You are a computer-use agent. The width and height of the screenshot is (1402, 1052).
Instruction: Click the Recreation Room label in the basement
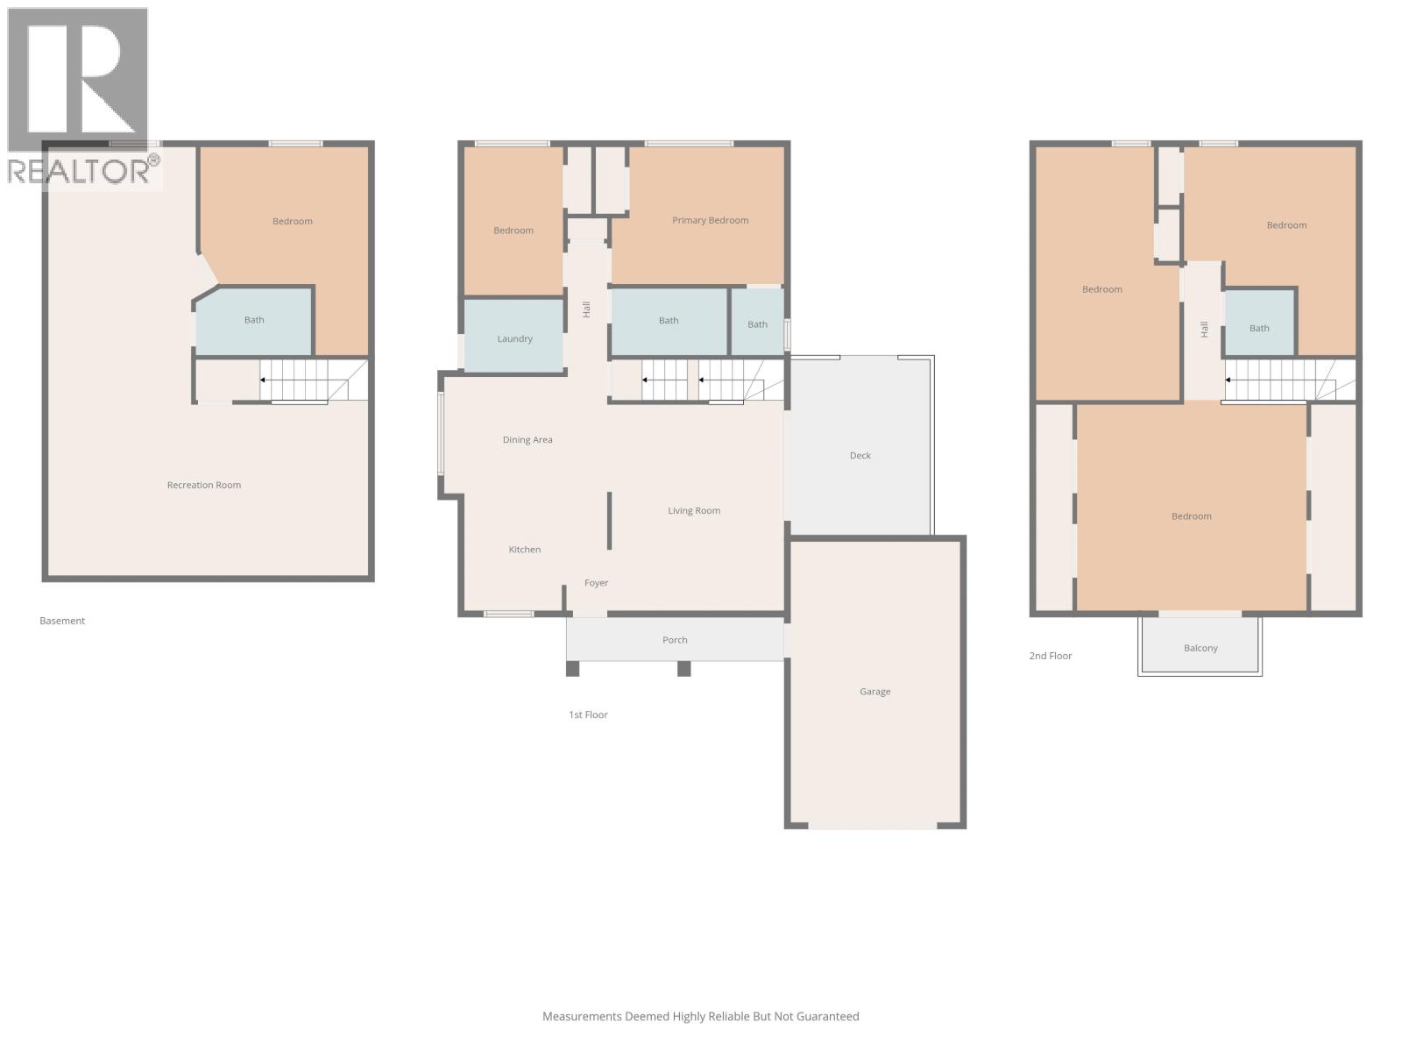(x=203, y=485)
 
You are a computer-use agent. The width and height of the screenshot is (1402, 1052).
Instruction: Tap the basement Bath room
(x=253, y=320)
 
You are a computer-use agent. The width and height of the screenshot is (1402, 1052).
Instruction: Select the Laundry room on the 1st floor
(x=514, y=338)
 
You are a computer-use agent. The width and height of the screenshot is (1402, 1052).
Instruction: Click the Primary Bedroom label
(x=710, y=220)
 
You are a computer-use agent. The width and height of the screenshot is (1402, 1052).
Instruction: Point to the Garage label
(x=874, y=692)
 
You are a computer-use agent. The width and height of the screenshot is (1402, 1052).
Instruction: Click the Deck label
(x=860, y=456)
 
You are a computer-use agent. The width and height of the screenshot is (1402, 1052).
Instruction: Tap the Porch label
(x=675, y=640)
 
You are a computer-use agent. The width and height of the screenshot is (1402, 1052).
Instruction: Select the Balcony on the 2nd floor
(x=1200, y=648)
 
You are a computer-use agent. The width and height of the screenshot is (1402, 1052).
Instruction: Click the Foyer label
(x=596, y=583)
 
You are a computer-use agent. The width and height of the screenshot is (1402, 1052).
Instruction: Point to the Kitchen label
(x=524, y=550)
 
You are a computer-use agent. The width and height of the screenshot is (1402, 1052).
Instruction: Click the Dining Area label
(x=528, y=440)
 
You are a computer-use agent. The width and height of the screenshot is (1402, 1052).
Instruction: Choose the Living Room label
(x=694, y=510)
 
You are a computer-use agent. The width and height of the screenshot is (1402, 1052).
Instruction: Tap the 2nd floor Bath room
(x=1258, y=328)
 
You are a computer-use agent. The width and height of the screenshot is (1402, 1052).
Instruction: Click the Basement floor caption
(x=62, y=621)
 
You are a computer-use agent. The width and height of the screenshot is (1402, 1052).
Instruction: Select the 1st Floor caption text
(x=588, y=714)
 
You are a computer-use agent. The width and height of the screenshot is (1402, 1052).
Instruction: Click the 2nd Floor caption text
(x=1050, y=656)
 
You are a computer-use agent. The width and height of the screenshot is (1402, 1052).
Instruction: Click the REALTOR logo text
(x=83, y=171)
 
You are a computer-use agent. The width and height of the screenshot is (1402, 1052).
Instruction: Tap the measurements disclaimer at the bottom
(x=700, y=1016)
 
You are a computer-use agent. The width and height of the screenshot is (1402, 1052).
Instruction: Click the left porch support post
(x=572, y=669)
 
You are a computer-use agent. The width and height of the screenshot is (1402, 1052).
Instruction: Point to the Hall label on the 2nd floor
(x=1204, y=329)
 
